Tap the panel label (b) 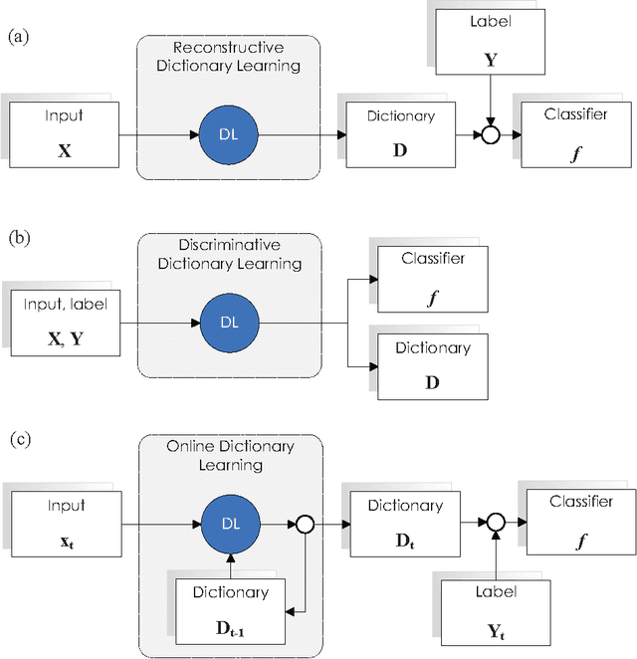pos(19,238)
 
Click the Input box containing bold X pos(65,132)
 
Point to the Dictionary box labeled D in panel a pos(400,132)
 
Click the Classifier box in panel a pos(575,131)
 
